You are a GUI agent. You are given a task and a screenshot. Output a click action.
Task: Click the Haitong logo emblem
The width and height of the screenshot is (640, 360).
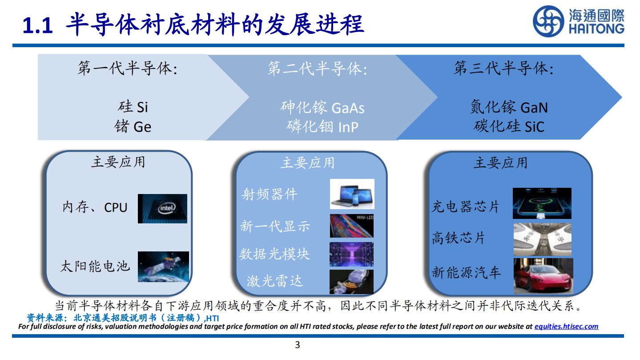(x=549, y=21)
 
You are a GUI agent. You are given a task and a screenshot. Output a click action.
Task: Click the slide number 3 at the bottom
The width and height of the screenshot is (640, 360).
(x=298, y=345)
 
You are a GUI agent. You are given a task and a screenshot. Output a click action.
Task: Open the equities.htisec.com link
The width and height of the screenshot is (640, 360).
(x=566, y=326)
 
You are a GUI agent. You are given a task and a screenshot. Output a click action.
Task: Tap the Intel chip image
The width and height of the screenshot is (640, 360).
(x=162, y=208)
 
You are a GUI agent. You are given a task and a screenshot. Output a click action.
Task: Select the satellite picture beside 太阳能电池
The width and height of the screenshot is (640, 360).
(x=163, y=267)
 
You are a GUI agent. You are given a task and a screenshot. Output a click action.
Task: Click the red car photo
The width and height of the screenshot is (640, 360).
(x=543, y=276)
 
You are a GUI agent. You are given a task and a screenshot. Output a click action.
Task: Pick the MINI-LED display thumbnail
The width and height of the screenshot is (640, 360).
(x=351, y=226)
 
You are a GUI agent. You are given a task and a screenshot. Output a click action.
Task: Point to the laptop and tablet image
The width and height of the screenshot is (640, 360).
(x=352, y=194)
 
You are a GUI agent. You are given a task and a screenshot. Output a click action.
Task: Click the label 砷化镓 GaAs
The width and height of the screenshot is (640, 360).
(x=322, y=108)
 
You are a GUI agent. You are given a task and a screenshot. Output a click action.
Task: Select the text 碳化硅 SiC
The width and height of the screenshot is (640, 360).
(x=509, y=126)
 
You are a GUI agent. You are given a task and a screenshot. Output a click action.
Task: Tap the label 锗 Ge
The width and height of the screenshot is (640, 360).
(x=133, y=127)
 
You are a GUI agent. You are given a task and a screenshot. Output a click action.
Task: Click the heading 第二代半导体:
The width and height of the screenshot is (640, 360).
(x=317, y=69)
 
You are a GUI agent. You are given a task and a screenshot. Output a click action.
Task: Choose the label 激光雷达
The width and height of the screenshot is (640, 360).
(x=274, y=281)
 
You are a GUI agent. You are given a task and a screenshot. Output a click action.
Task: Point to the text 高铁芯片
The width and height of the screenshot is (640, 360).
(x=458, y=238)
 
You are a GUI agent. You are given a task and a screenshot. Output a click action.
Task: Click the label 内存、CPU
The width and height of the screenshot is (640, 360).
(x=95, y=207)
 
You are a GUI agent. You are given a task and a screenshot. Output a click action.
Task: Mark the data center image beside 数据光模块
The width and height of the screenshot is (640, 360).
(x=351, y=254)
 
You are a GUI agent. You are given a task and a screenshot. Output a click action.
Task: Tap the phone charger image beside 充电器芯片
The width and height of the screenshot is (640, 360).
(x=542, y=203)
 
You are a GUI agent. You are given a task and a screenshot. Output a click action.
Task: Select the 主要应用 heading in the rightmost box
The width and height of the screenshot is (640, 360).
(x=500, y=163)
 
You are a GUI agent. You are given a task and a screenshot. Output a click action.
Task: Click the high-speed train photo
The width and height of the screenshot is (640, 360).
(x=543, y=239)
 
